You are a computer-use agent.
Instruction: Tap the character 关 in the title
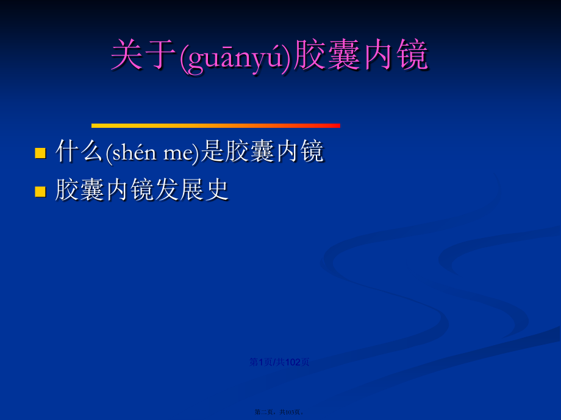(x=125, y=57)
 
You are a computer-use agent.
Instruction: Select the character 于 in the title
(x=159, y=57)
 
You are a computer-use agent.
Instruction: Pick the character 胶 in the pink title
(x=309, y=57)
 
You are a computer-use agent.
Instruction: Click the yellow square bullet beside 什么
(x=41, y=152)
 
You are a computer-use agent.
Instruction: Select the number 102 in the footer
(x=293, y=362)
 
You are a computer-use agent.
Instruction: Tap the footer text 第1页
(x=260, y=362)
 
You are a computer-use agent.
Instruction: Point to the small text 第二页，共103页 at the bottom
(x=279, y=412)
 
